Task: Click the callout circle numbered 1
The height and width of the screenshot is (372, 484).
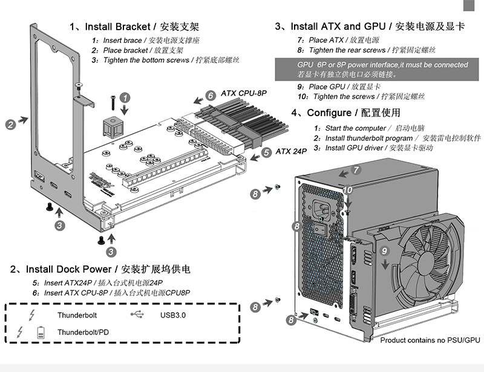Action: tap(125, 97)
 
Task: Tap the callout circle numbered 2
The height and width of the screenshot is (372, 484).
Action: tap(10, 125)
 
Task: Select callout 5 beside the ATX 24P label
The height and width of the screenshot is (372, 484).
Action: tap(266, 153)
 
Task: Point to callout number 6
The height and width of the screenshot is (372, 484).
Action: tap(210, 96)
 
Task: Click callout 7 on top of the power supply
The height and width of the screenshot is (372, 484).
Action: tap(356, 170)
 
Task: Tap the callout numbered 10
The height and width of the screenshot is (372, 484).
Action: tap(348, 190)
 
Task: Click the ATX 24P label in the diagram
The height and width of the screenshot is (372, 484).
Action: tap(292, 151)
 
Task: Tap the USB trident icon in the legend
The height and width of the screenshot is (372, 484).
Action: tap(138, 315)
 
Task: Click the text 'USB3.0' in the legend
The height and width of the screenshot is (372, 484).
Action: tap(173, 315)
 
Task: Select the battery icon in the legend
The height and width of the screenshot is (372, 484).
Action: tap(41, 332)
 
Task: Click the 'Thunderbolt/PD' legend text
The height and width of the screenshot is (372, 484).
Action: tap(84, 332)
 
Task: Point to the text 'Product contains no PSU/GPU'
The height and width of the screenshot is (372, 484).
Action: tap(430, 341)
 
